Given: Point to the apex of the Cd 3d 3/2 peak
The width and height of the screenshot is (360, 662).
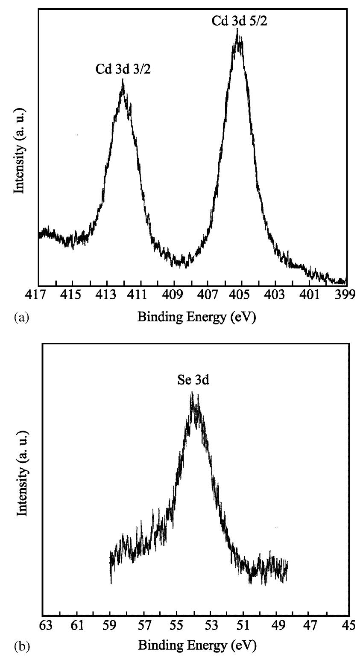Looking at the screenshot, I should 123,80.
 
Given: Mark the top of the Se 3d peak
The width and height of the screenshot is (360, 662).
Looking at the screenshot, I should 192,392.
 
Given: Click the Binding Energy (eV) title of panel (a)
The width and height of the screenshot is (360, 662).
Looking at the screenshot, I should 196,318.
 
